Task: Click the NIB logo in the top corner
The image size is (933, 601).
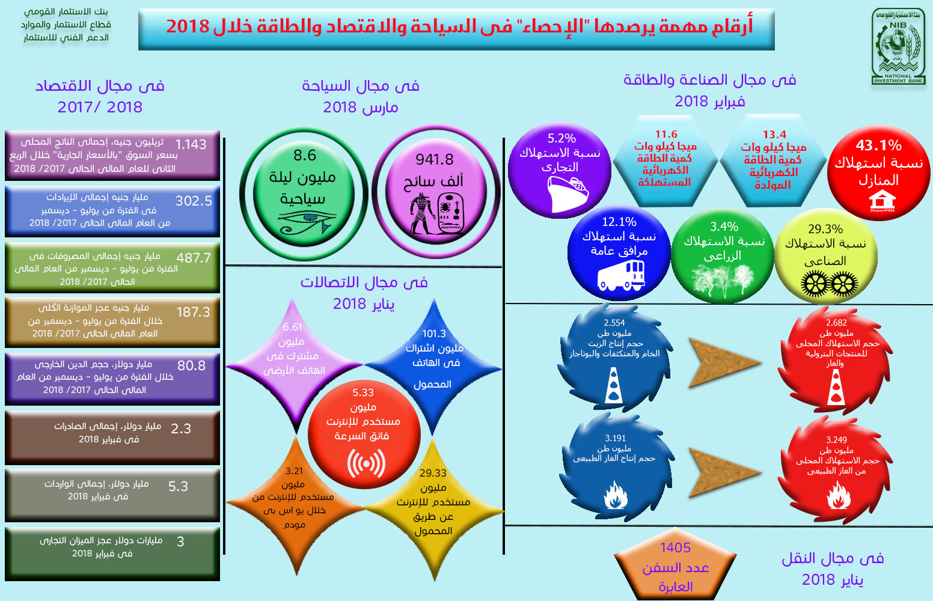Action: point(898,46)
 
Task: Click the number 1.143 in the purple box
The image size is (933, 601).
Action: point(191,144)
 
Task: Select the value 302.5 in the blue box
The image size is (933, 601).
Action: point(194,201)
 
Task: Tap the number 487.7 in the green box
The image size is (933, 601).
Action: point(194,258)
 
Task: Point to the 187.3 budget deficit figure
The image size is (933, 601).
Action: point(193,312)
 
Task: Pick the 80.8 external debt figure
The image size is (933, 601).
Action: point(192,365)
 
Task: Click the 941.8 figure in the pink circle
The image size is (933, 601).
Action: point(434,159)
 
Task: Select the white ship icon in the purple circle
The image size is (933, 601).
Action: point(567,194)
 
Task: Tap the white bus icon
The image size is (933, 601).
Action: point(621,275)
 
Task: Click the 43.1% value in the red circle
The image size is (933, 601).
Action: point(878,145)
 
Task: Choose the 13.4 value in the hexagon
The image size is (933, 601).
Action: point(774,135)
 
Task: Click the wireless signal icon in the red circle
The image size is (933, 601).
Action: point(366,463)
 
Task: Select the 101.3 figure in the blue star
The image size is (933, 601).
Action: point(434,334)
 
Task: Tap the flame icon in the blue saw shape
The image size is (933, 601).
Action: point(615,495)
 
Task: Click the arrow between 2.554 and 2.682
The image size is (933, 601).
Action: point(725,363)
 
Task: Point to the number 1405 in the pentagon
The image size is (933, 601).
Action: point(675,548)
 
